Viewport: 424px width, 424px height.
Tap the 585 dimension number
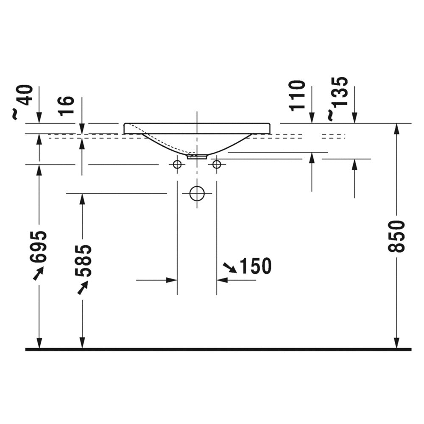83,261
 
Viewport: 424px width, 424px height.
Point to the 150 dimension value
256,266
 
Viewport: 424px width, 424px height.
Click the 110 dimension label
297,95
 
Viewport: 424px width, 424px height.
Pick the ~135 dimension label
337,98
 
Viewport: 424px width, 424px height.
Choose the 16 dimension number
67,106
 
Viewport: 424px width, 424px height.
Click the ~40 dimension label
23,102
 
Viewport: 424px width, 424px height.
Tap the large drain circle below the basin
197,193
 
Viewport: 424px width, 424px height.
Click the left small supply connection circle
177,164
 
